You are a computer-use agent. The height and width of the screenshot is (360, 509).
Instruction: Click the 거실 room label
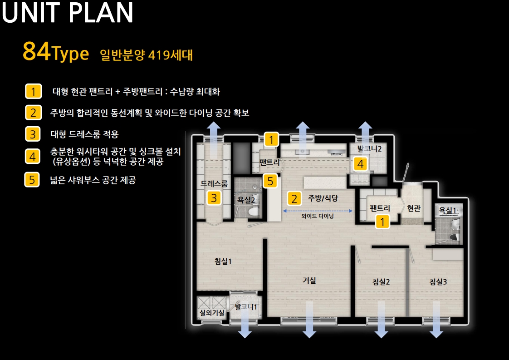coord(309,280)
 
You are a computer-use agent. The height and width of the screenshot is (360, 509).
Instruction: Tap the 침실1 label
coord(223,261)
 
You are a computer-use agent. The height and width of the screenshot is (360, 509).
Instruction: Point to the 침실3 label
coord(438,281)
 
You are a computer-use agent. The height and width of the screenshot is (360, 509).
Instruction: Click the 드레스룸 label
coord(214,184)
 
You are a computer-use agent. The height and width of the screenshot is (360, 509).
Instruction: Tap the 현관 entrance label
coord(413,208)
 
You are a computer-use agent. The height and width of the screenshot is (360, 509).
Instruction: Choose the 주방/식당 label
coord(323,198)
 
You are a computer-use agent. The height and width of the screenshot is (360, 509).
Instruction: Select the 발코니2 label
coord(369,148)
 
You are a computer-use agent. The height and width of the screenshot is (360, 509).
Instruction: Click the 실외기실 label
coord(212,313)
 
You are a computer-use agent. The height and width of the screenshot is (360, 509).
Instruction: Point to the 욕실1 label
coord(447,211)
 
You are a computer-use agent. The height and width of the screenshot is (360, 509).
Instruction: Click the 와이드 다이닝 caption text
coord(318,217)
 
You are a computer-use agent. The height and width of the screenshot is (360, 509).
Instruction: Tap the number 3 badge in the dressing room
coord(214,198)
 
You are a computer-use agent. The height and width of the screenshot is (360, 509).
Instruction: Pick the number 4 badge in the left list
coord(33,157)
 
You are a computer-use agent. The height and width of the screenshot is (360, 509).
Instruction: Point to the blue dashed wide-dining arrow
coord(318,211)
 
